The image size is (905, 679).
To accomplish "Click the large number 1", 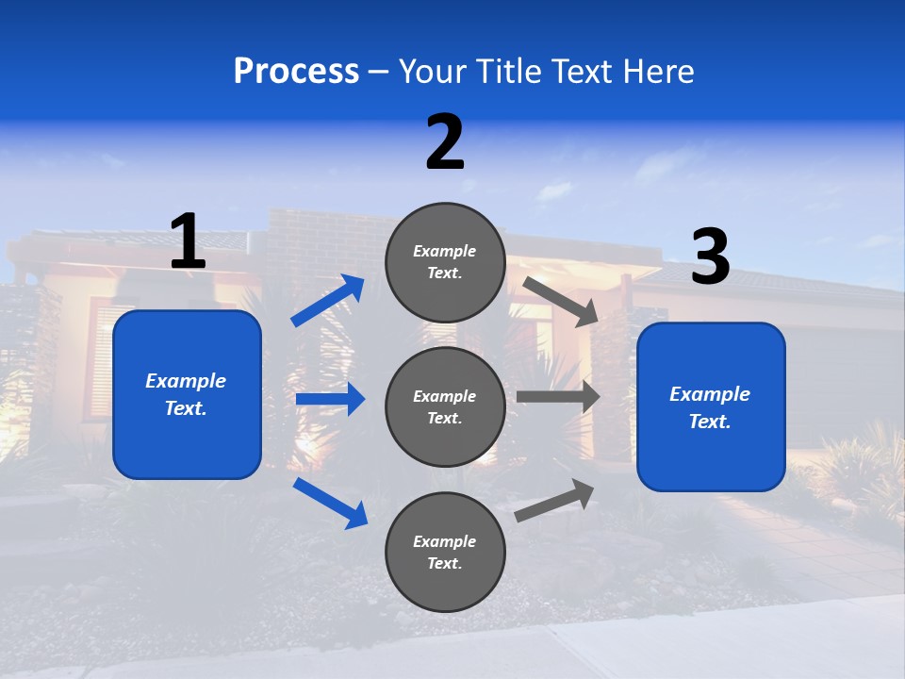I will pos(188,241).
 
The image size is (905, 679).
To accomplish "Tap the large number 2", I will pos(445,142).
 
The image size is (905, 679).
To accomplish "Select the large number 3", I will pos(711,257).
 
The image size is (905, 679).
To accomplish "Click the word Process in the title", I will pos(296,71).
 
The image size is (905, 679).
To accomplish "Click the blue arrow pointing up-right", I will pos(327,301).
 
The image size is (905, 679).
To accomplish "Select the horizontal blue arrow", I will pos(330,400).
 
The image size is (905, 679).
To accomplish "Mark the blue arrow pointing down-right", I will pos(330,503).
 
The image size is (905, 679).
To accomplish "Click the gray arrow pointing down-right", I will pos(560,301).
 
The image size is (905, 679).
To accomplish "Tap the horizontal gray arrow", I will pos(557,397).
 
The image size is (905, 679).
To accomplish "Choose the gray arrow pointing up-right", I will pos(554,500).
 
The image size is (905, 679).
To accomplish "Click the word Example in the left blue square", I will pos(186,381).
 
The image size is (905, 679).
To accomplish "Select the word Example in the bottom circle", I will pos(444,541).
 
